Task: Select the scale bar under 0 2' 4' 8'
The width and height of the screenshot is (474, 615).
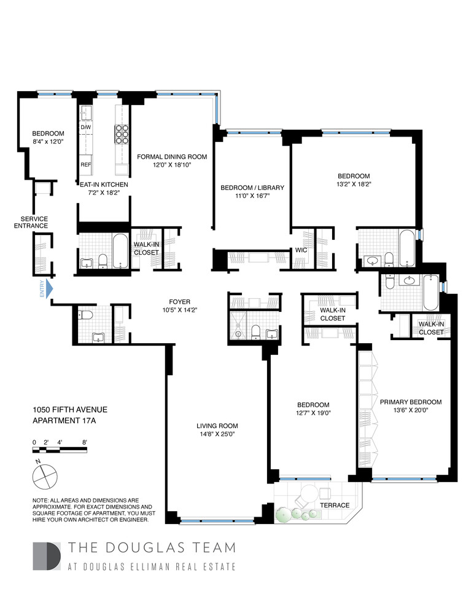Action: click(60, 450)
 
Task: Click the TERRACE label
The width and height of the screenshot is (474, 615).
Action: click(335, 505)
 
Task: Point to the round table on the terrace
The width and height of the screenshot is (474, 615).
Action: click(307, 495)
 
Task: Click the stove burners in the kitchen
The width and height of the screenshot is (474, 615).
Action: click(120, 133)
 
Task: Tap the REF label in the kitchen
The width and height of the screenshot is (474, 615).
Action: click(86, 165)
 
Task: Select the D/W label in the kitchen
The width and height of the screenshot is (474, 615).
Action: click(85, 127)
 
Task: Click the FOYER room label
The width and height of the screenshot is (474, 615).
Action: click(180, 302)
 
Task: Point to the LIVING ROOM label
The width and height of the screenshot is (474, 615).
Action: click(217, 426)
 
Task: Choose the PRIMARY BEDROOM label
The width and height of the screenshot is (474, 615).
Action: click(410, 402)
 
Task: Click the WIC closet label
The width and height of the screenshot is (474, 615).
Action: click(300, 250)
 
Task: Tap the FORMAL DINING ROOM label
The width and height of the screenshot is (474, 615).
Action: click(172, 157)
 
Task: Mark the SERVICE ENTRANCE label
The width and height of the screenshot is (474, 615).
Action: click(34, 222)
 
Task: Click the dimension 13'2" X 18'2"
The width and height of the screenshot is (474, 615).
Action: click(353, 183)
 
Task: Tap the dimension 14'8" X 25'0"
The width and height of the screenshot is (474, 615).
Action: click(217, 434)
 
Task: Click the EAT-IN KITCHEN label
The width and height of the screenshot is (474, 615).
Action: click(103, 184)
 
